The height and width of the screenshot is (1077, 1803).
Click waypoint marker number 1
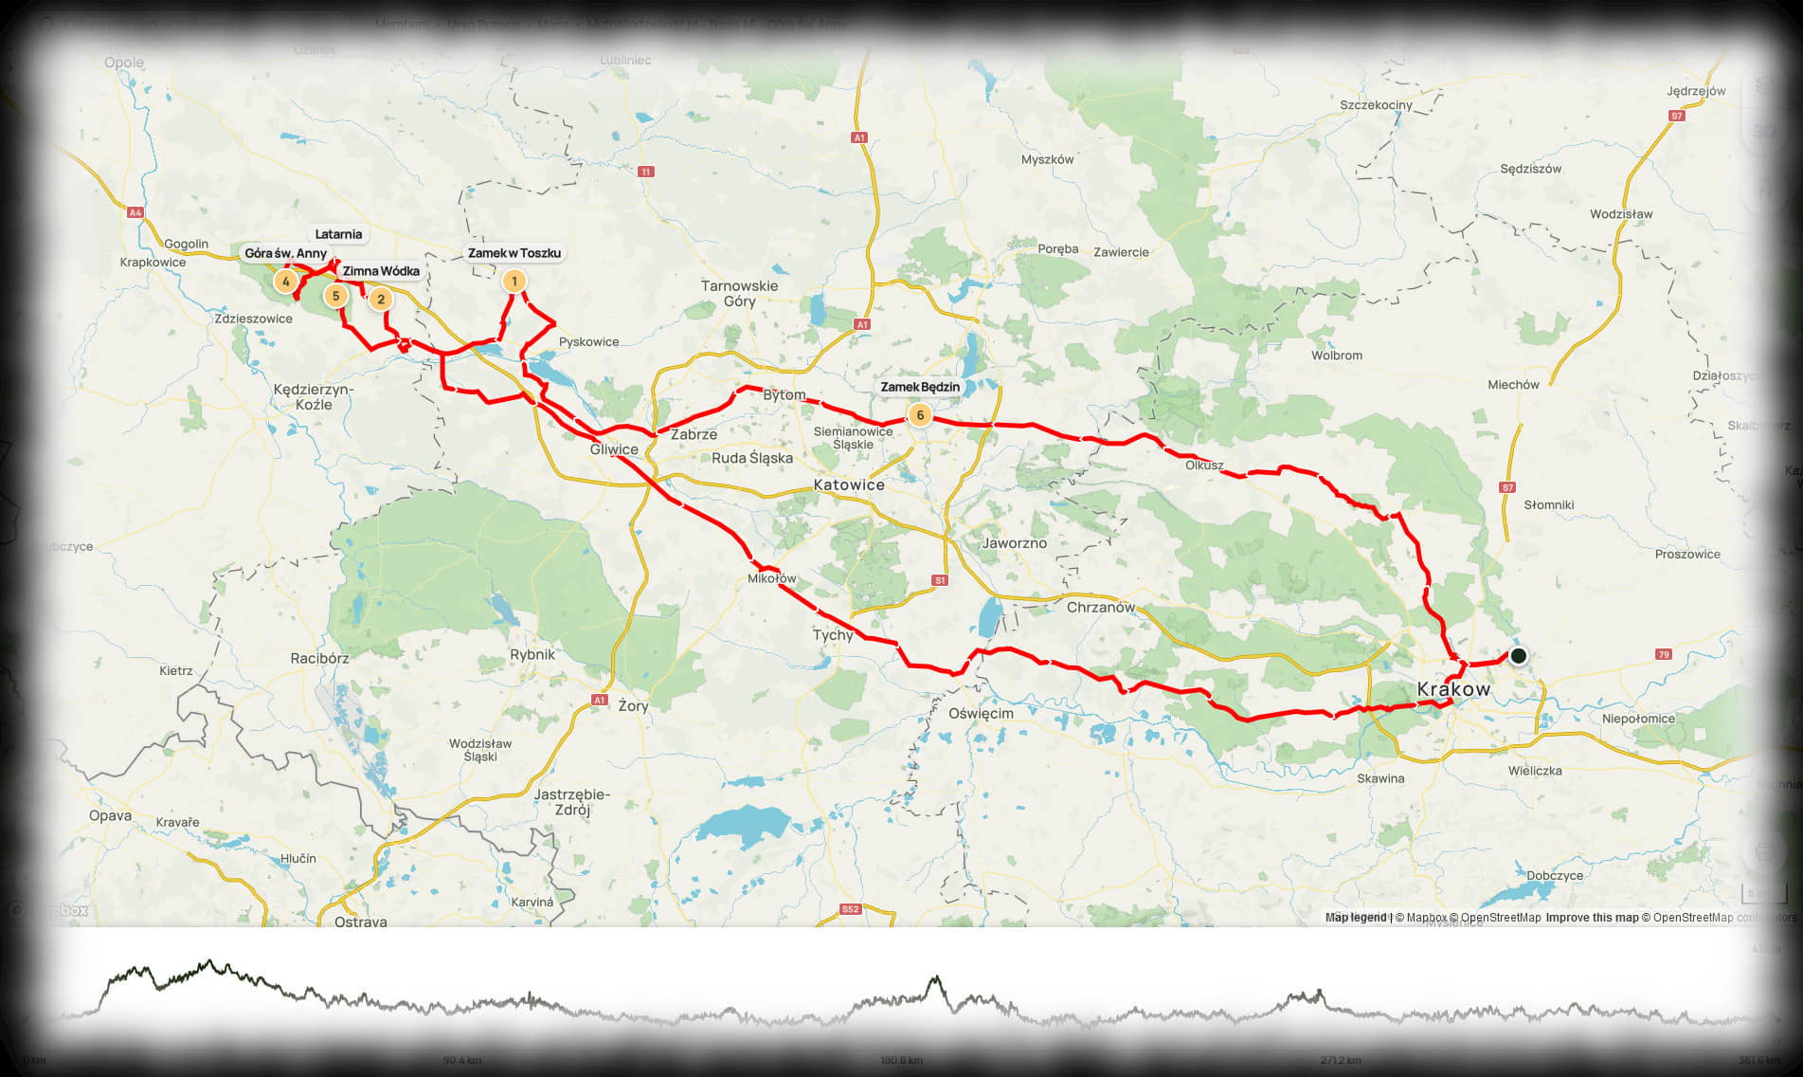pyautogui.click(x=514, y=281)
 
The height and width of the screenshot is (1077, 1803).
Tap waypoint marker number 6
pyautogui.click(x=919, y=415)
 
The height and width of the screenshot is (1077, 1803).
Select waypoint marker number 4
pyautogui.click(x=285, y=281)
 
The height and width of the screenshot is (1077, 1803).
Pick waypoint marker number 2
pyautogui.click(x=380, y=300)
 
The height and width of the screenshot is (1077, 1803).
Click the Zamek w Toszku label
pyautogui.click(x=514, y=253)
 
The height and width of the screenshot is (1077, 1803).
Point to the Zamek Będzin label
pyautogui.click(x=920, y=387)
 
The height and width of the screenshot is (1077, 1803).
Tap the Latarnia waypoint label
pyautogui.click(x=338, y=234)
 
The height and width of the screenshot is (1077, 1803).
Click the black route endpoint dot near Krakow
pyautogui.click(x=1519, y=655)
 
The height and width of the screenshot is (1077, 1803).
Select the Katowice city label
pyautogui.click(x=849, y=484)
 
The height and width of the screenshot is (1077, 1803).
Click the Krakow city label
pyautogui.click(x=1453, y=689)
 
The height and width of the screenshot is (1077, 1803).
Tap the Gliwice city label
pyautogui.click(x=614, y=449)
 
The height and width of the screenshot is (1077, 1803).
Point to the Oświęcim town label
pyautogui.click(x=981, y=713)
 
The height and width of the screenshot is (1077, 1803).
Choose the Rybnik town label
pyautogui.click(x=532, y=654)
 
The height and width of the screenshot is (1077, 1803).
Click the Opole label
pyautogui.click(x=124, y=63)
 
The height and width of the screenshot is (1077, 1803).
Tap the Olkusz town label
pyautogui.click(x=1204, y=465)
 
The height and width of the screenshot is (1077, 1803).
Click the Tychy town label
pyautogui.click(x=833, y=635)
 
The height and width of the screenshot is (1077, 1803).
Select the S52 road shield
pyautogui.click(x=850, y=909)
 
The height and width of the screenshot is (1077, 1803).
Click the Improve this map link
pyautogui.click(x=1592, y=918)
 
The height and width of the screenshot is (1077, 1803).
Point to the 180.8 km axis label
pyautogui.click(x=901, y=1060)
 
